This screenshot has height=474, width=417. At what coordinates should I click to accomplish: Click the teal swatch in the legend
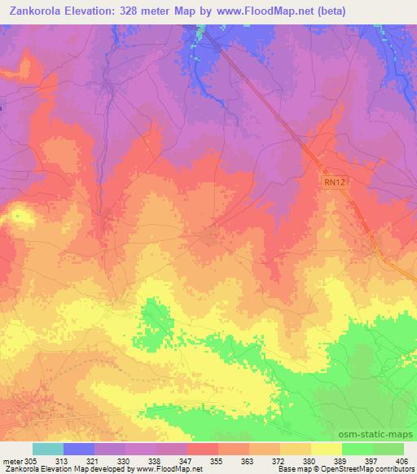(47, 449)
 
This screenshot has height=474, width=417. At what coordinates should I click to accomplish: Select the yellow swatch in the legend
(326, 449)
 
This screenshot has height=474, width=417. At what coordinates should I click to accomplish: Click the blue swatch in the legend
(79, 449)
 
